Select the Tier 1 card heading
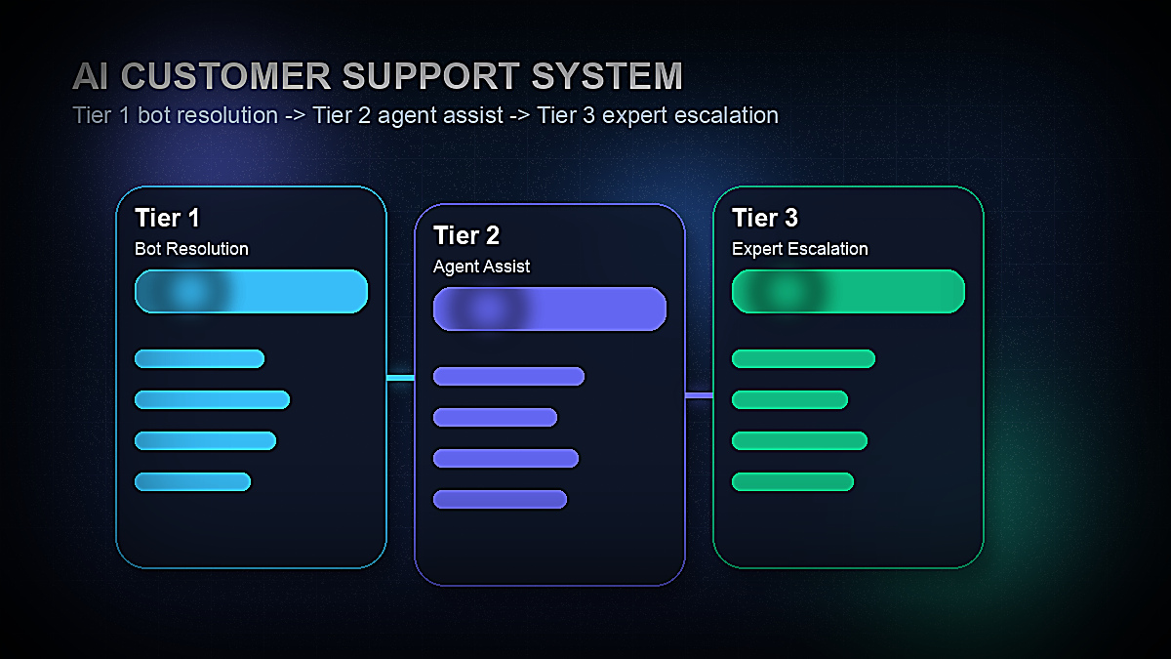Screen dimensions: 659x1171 tap(167, 218)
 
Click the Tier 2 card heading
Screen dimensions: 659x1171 tap(466, 235)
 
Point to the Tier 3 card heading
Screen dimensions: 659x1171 tap(765, 218)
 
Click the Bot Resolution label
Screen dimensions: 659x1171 tap(191, 249)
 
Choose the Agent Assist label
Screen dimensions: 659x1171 tap(481, 267)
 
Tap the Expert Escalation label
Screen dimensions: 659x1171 tap(799, 249)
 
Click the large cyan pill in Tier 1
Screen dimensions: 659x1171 tap(251, 291)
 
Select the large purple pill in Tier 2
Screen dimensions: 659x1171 tap(549, 309)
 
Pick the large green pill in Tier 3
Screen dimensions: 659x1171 tap(848, 291)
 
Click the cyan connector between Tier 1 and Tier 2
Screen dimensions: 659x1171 tap(400, 377)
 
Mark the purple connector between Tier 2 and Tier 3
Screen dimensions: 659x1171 tap(699, 395)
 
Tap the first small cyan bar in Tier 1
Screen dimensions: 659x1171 tap(199, 358)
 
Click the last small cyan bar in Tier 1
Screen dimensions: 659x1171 tap(192, 481)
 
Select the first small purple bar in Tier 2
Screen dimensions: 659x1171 tap(508, 376)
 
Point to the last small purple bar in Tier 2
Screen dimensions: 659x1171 tap(500, 499)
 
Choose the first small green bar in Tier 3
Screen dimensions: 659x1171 tap(803, 358)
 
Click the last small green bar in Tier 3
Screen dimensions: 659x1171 tap(792, 481)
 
